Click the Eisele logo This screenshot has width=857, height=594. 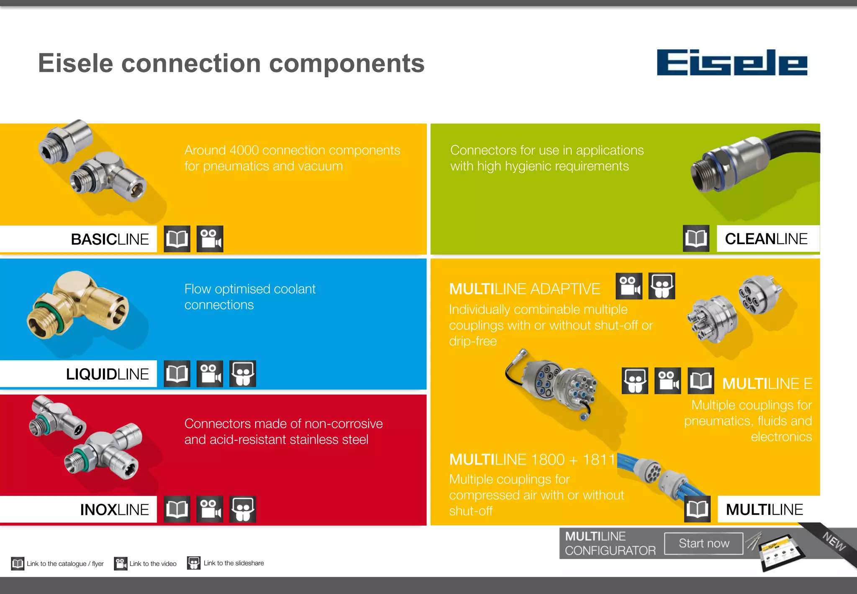click(x=732, y=63)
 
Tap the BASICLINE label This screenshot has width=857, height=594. click(x=110, y=239)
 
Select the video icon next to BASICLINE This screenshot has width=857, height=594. click(x=210, y=239)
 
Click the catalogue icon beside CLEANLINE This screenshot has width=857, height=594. click(x=696, y=239)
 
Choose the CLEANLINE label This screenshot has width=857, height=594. click(x=766, y=239)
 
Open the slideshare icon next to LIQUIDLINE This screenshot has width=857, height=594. click(x=243, y=374)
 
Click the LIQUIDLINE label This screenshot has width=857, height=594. click(x=107, y=374)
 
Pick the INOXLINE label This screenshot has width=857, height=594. click(x=114, y=510)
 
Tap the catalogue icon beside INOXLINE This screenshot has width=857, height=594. click(x=177, y=509)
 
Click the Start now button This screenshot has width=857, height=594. click(x=704, y=543)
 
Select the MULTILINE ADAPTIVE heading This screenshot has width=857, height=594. click(x=524, y=289)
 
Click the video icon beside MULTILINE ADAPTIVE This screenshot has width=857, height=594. click(x=629, y=287)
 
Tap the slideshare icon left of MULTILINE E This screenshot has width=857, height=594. click(x=635, y=381)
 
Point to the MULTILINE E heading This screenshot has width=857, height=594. click(x=767, y=384)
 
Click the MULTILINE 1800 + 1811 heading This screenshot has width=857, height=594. click(x=532, y=460)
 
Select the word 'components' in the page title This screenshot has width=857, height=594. click(x=346, y=63)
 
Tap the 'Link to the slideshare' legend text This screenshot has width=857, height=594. click(x=233, y=563)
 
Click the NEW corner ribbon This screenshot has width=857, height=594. click(x=834, y=542)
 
